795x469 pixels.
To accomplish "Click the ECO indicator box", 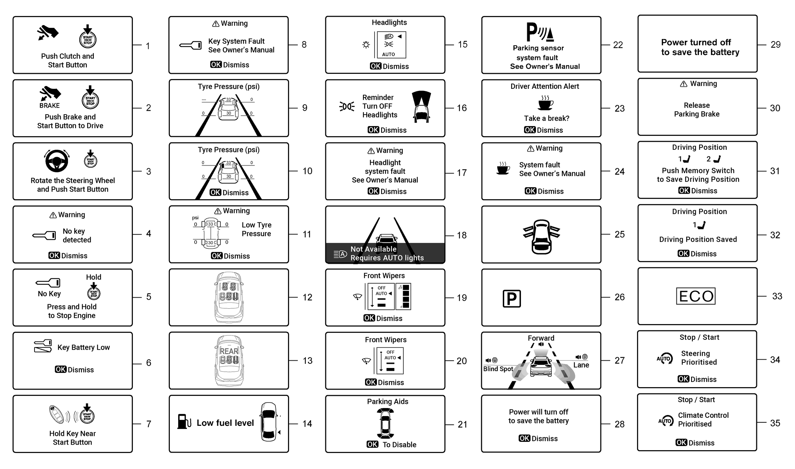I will pyautogui.click(x=696, y=296).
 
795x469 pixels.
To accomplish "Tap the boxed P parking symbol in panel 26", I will pyautogui.click(x=512, y=299).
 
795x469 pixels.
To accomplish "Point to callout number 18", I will pyautogui.click(x=462, y=235).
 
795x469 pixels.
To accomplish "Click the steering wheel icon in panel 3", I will pyautogui.click(x=56, y=161).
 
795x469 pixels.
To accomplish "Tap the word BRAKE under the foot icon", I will pyautogui.click(x=50, y=106).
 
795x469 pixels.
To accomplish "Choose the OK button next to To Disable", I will pyautogui.click(x=372, y=444).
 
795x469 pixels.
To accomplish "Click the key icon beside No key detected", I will pyautogui.click(x=44, y=236).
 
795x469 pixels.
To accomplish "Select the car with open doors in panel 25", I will pyautogui.click(x=542, y=237).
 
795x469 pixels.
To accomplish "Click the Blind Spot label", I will pyautogui.click(x=498, y=369).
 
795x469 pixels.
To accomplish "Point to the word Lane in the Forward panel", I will pyautogui.click(x=581, y=365).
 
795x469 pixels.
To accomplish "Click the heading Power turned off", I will pyautogui.click(x=696, y=42).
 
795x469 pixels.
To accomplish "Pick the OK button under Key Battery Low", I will pyautogui.click(x=61, y=369).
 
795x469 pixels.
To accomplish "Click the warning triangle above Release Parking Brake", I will pyautogui.click(x=684, y=84).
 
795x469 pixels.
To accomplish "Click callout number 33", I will pyautogui.click(x=777, y=296).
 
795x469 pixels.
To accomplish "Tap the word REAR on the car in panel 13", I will pyautogui.click(x=229, y=351).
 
